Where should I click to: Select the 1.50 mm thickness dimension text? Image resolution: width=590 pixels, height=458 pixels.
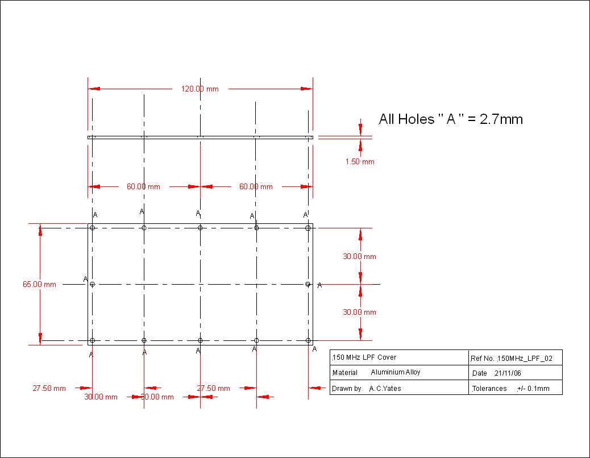click(x=360, y=162)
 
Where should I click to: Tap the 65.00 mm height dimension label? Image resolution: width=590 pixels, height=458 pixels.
click(x=39, y=284)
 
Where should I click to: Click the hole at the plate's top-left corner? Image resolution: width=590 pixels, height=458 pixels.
click(x=92, y=228)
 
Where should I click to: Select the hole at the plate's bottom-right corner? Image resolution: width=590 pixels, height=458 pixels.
click(x=308, y=340)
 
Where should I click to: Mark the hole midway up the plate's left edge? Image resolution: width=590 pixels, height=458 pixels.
click(x=92, y=284)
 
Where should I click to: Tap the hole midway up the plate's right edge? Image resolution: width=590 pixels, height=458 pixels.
click(x=308, y=284)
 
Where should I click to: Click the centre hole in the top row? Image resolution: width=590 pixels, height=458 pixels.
click(x=200, y=228)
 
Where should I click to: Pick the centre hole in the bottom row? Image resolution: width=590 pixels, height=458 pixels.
click(x=200, y=340)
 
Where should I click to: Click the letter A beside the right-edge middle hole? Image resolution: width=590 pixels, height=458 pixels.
click(x=319, y=285)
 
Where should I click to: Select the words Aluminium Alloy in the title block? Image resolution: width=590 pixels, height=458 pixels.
click(x=395, y=373)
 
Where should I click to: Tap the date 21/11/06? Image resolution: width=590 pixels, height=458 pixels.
click(x=508, y=373)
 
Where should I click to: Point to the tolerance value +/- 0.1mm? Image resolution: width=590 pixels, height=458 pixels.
click(x=533, y=389)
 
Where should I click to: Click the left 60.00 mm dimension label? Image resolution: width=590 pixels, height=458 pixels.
click(x=143, y=186)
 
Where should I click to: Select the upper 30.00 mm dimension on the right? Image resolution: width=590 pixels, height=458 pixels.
click(x=359, y=256)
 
